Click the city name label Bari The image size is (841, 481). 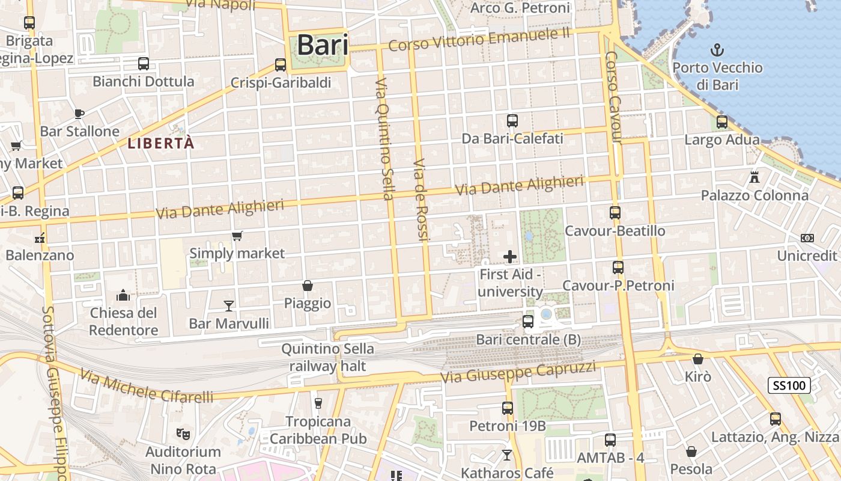point(323,45)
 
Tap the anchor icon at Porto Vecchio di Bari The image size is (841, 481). point(717,49)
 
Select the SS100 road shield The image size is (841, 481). point(789,385)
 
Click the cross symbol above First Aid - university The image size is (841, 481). point(510,257)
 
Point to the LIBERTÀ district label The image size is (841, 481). point(162,143)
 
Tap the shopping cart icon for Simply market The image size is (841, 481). point(237,236)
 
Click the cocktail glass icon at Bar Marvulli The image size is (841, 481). point(228,306)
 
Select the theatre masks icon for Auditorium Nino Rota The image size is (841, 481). point(183,433)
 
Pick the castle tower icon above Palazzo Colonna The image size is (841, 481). point(754,177)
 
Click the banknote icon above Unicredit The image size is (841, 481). point(807,238)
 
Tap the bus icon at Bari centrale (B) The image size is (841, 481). point(528,322)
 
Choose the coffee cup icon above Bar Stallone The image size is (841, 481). point(79,113)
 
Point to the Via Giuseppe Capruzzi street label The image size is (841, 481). point(518,372)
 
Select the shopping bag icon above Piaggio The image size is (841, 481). point(308,285)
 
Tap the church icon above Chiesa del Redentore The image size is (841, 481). point(123,295)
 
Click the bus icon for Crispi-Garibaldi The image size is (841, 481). point(281,65)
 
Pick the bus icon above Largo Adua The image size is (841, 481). point(722,122)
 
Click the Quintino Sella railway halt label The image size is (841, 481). point(328,357)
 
